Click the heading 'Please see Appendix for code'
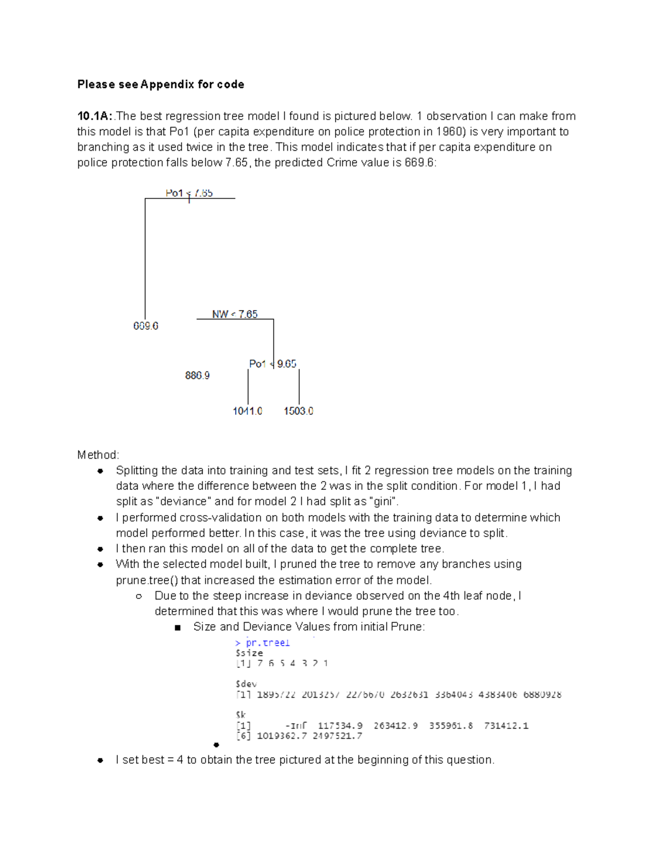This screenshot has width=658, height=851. tap(161, 84)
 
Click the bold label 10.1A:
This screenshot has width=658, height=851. tap(94, 116)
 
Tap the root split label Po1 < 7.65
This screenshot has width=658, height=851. tap(189, 193)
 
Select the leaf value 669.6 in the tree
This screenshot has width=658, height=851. tap(146, 326)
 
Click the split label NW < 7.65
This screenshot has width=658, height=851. tap(235, 314)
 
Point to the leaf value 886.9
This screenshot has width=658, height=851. tap(197, 375)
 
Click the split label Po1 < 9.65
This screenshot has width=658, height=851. tap(273, 364)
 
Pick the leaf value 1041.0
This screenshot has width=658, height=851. tap(247, 411)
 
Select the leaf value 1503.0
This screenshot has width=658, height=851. tap(298, 411)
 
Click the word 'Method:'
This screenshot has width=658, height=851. tap(98, 455)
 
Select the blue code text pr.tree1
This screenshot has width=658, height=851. tap(267, 643)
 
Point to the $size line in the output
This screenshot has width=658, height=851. tap(249, 653)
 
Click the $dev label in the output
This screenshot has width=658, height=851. tap(246, 684)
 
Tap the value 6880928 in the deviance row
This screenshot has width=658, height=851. tap(542, 694)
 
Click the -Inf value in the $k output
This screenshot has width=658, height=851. tap(296, 726)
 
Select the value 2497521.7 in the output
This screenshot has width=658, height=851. tap(337, 736)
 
